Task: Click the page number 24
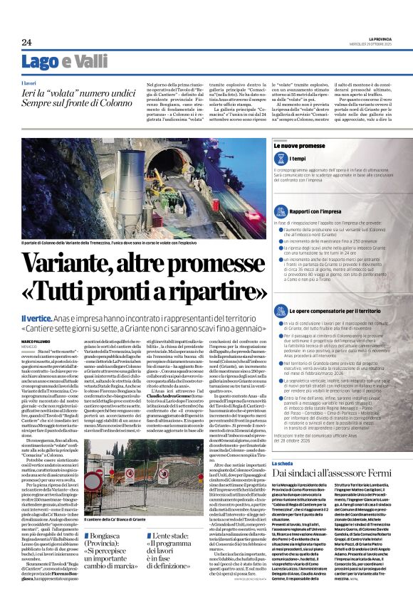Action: point(26,42)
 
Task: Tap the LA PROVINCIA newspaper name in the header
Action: point(378,38)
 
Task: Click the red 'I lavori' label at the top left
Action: point(29,83)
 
